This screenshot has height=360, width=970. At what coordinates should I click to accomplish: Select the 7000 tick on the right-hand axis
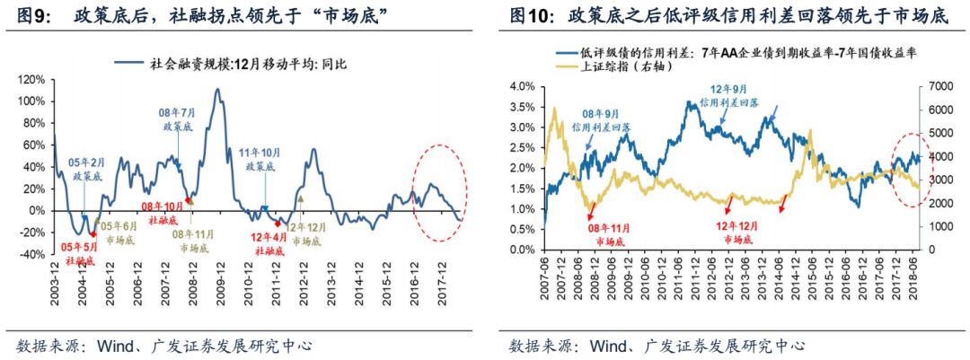coord(941,86)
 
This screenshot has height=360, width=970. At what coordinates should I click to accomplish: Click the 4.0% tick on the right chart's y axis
coord(523,86)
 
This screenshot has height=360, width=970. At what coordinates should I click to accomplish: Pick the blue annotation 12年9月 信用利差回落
coord(735,96)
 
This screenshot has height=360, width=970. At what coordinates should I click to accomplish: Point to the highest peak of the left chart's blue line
coord(217,90)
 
